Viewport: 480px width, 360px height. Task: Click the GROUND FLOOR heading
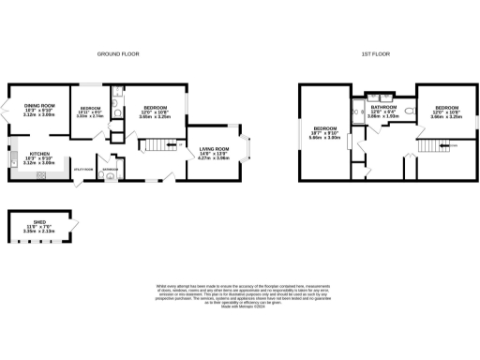tap(119, 55)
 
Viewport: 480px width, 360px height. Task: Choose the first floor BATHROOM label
tap(383, 111)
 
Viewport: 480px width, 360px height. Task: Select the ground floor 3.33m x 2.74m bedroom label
tap(90, 112)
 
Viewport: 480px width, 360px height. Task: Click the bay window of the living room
tap(247, 148)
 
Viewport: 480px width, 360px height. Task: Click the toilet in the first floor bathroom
tap(409, 110)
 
